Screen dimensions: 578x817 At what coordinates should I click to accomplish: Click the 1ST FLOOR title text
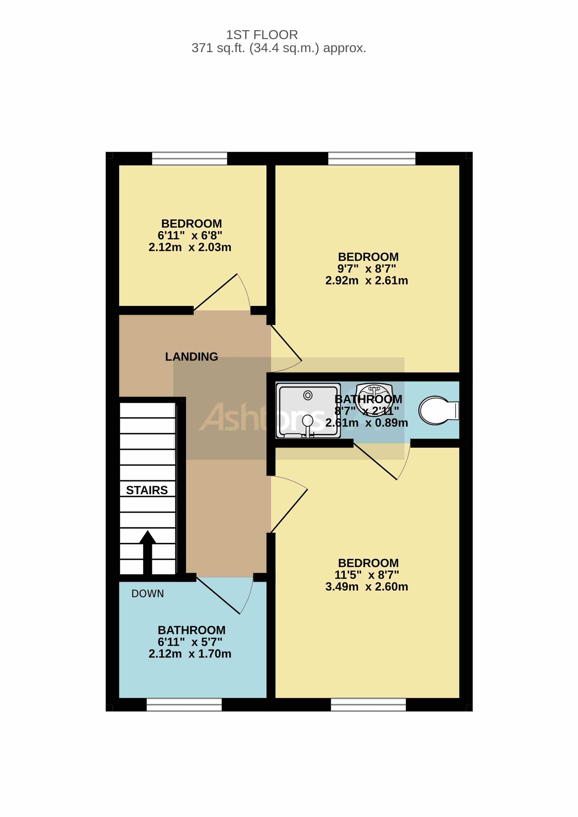tap(262, 35)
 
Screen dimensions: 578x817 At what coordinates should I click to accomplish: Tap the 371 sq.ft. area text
tap(279, 48)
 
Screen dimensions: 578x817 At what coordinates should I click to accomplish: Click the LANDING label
tap(192, 357)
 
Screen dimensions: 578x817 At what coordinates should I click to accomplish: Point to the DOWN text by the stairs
tap(148, 594)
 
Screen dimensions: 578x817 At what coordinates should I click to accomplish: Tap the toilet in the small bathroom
tap(438, 411)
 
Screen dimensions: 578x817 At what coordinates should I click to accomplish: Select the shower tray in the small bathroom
tap(308, 411)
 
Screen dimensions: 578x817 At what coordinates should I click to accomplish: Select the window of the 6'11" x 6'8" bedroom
tap(189, 158)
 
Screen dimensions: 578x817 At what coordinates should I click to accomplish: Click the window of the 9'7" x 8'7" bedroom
tap(372, 158)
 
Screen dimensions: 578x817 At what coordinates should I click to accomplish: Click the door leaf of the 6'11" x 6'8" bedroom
tap(215, 292)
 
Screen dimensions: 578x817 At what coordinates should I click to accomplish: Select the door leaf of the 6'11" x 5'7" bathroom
tap(218, 596)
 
